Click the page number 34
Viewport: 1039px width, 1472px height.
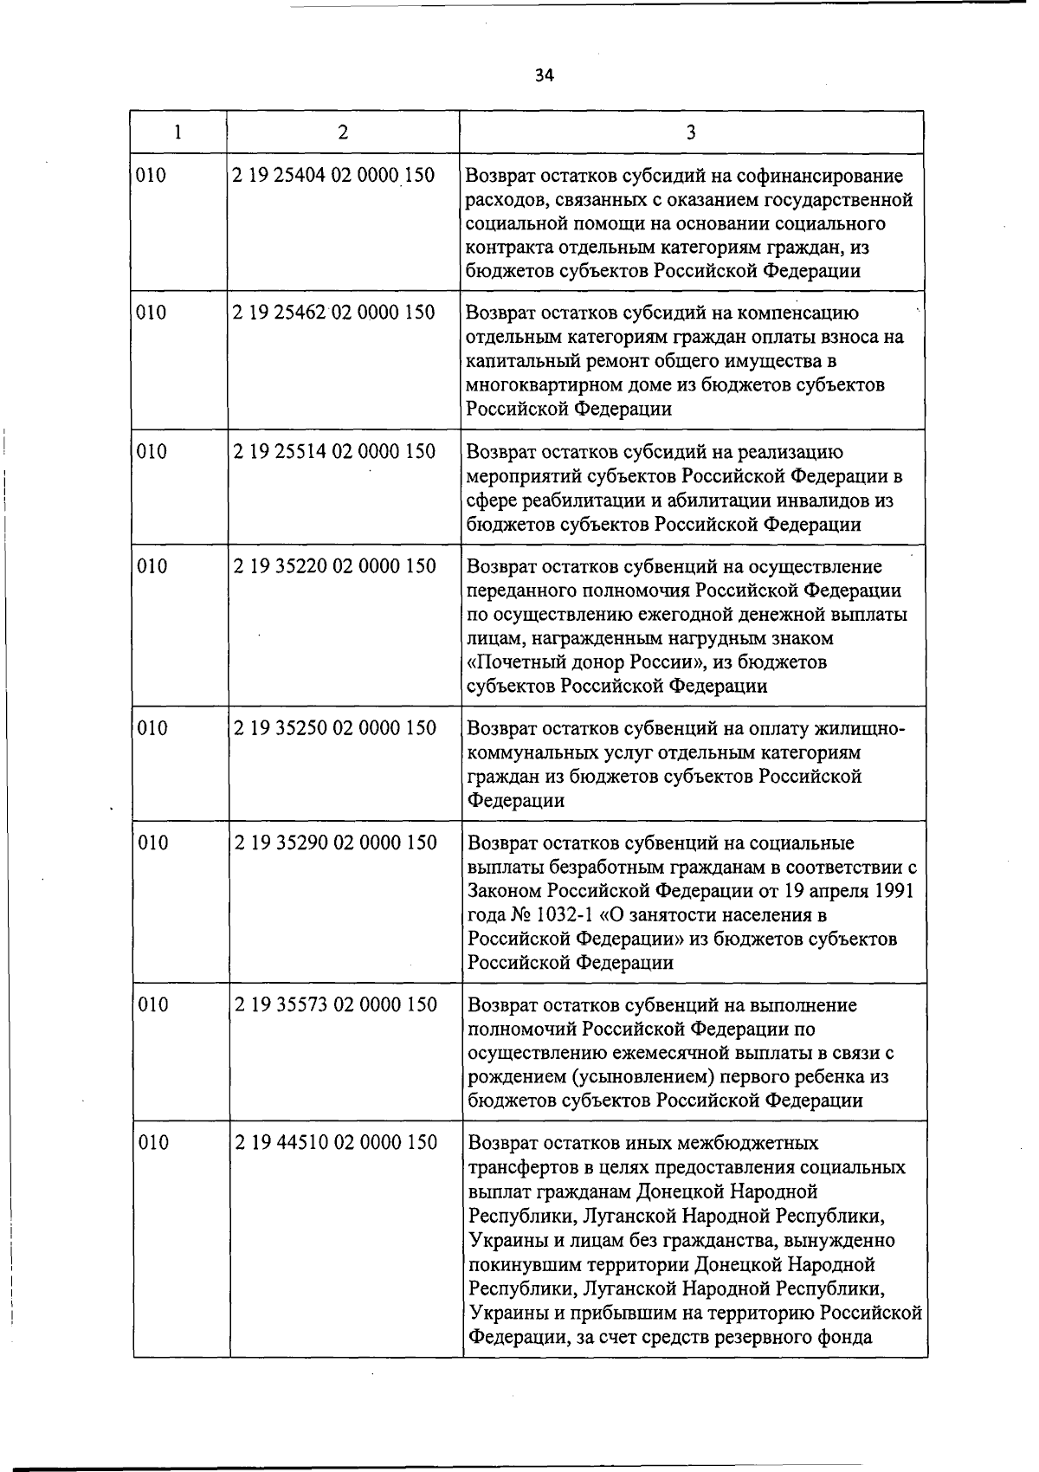pos(543,75)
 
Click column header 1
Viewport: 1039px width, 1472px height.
pos(177,132)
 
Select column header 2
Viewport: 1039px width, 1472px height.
pos(343,132)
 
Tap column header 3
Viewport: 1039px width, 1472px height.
pos(690,132)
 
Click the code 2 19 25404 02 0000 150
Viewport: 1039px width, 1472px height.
pos(333,175)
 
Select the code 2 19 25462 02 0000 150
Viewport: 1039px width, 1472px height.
pos(333,313)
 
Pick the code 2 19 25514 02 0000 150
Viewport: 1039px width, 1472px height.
pos(334,452)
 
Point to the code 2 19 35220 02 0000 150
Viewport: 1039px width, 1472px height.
pos(335,566)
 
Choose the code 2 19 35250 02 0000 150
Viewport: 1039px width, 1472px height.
pos(335,728)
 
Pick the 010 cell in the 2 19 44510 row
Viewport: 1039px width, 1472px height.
pos(153,1143)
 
